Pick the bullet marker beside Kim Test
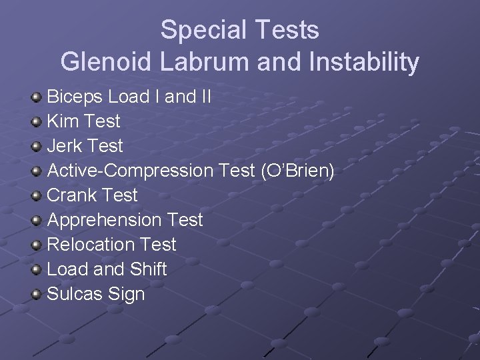[37, 122]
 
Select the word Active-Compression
[129, 171]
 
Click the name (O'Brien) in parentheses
[297, 171]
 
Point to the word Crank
[73, 195]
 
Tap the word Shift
[149, 269]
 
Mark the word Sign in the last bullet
[129, 295]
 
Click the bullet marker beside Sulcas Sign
[37, 294]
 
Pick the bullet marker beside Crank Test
[37, 195]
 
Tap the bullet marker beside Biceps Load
[37, 97]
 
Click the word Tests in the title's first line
[288, 30]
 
